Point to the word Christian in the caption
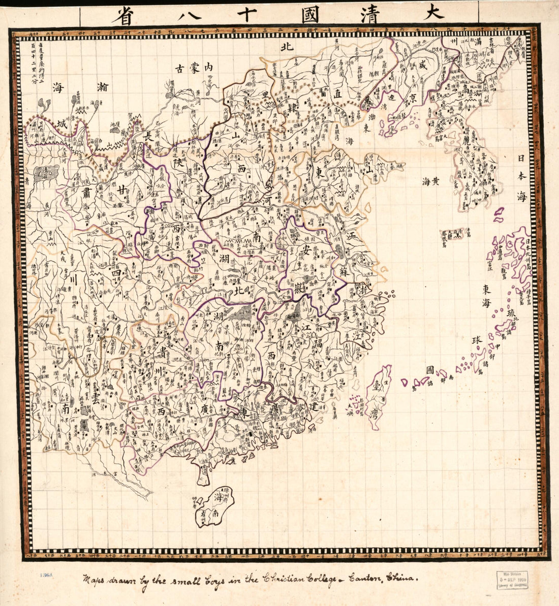[x=284, y=578]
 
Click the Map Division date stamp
[x=511, y=580]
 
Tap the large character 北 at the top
[x=287, y=48]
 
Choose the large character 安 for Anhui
[x=306, y=249]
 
